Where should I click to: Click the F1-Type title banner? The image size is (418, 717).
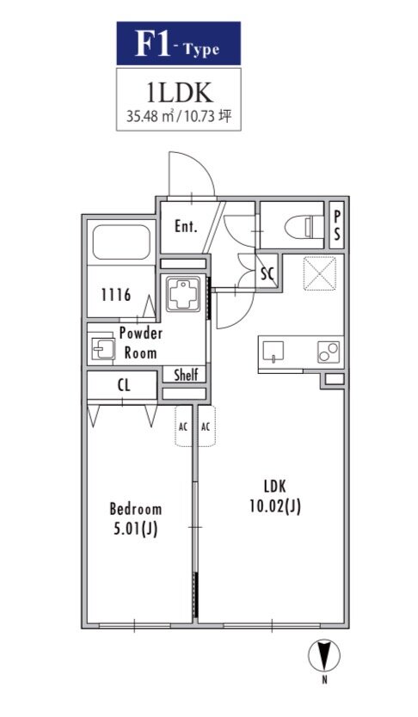[x=178, y=44]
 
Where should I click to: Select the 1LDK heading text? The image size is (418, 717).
[x=179, y=93]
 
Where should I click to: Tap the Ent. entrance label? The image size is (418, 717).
[x=186, y=226]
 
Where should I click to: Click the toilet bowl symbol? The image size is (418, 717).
[x=301, y=226]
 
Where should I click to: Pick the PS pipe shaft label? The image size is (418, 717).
[x=336, y=226]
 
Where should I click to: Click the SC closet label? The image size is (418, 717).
[x=267, y=273]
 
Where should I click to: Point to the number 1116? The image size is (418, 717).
[x=116, y=296]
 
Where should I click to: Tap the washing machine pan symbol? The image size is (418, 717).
[x=183, y=293]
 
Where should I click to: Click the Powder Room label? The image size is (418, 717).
[x=140, y=343]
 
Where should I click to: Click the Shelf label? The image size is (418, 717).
[x=186, y=375]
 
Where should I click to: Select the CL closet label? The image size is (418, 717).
[x=124, y=385]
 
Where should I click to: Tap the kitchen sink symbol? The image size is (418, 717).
[x=273, y=352]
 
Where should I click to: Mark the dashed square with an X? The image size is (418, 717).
[x=320, y=273]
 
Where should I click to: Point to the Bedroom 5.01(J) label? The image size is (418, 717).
[x=136, y=519]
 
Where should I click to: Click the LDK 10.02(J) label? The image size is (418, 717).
[x=275, y=496]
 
